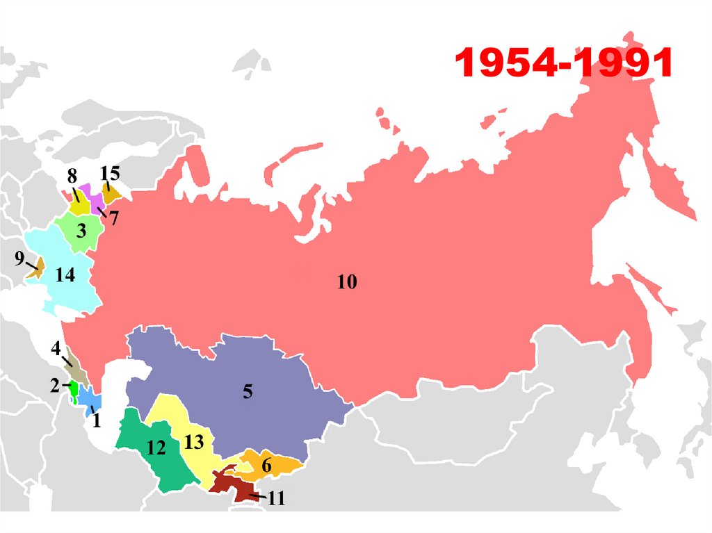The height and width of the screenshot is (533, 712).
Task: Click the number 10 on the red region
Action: [x=346, y=282]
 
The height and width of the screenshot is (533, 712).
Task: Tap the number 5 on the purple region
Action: [x=248, y=392]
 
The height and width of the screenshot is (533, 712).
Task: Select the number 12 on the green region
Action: [x=156, y=448]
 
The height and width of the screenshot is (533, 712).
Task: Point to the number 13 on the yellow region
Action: [x=194, y=441]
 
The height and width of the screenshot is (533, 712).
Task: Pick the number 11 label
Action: [x=276, y=498]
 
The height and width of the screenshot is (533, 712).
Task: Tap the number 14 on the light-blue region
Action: [x=65, y=276]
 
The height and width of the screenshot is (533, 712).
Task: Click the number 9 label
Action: [x=19, y=259]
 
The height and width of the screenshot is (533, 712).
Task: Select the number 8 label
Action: [x=72, y=177]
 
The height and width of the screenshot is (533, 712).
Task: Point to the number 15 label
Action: [x=110, y=173]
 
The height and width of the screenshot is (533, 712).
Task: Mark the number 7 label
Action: [x=113, y=218]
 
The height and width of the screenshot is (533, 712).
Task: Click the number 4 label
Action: [x=56, y=348]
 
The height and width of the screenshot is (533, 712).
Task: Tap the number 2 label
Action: [x=55, y=384]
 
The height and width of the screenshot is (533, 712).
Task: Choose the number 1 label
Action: [x=96, y=420]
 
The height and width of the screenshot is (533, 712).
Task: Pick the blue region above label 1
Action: [x=88, y=398]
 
